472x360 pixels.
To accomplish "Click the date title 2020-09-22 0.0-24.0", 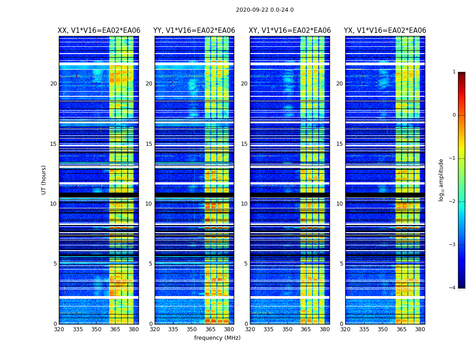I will click(x=265, y=10).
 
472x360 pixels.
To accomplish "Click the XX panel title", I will click(x=99, y=31).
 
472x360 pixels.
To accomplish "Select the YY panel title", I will click(x=194, y=31).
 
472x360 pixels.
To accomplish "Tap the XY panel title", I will click(x=290, y=31).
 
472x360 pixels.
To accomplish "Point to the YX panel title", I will click(x=385, y=31).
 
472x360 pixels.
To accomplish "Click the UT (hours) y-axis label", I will click(x=44, y=180).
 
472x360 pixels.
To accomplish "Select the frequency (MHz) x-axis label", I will click(x=217, y=338).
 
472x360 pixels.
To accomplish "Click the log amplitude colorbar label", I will click(x=441, y=180).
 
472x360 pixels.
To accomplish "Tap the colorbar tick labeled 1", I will click(x=454, y=72).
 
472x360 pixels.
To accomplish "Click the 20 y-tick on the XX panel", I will click(x=53, y=84).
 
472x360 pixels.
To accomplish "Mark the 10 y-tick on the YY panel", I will click(x=149, y=204).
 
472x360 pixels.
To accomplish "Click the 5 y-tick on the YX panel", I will click(x=341, y=264).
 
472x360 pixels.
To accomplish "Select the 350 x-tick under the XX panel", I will click(x=96, y=329).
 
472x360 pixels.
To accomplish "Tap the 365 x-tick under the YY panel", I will click(x=210, y=329).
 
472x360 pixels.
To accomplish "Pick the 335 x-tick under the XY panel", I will click(x=268, y=329).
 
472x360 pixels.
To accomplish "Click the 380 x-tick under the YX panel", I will click(x=420, y=329).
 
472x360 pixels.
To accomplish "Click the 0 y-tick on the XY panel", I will click(x=246, y=324).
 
